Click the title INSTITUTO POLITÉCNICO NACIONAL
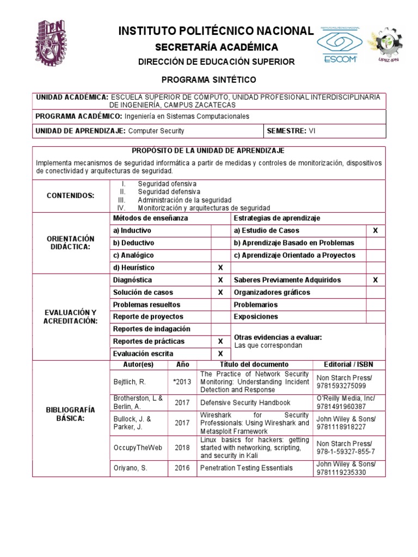[216, 32]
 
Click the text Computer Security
[156, 131]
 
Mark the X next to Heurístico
[220, 268]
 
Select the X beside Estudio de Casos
[375, 231]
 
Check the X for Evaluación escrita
[220, 354]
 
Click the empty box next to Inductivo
[220, 231]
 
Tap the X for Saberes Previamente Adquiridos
[375, 280]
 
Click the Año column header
[182, 364]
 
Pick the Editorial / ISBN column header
[348, 364]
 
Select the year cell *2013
[182, 382]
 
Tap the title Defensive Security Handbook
[245, 403]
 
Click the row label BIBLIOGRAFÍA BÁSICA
[71, 414]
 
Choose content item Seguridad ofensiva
[167, 184]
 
